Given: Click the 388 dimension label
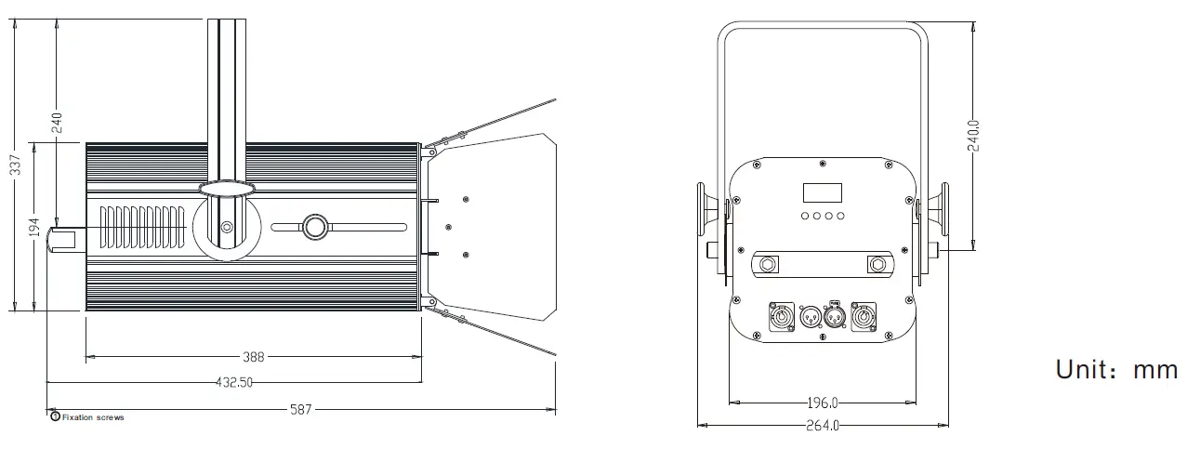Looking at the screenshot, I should [253, 356].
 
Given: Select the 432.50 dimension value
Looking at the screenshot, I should [233, 382].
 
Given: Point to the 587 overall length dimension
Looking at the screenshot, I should [300, 408].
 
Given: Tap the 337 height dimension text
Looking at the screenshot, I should [15, 165].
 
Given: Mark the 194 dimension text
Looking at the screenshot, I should [35, 228].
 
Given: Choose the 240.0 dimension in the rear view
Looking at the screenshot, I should [972, 135].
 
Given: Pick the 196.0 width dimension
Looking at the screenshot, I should [822, 403].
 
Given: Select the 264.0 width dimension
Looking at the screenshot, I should [822, 426].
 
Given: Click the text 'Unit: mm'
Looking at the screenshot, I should [1116, 369].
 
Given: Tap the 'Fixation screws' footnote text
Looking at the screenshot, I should [92, 417].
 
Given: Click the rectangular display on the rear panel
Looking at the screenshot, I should [823, 192].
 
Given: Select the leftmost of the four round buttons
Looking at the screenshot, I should [804, 217].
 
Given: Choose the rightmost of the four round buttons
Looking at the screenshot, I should [841, 217].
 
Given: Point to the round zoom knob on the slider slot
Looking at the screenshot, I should [314, 227].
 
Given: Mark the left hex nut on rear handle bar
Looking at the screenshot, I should [769, 264].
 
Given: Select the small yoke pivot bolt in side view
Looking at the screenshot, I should [228, 226].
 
